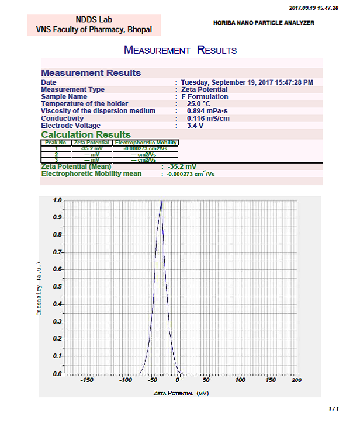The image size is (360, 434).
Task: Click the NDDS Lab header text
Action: [94, 19]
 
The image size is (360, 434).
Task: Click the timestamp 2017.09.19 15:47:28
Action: [314, 8]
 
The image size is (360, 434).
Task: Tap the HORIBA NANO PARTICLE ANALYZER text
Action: [264, 23]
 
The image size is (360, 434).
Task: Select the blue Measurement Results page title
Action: [180, 50]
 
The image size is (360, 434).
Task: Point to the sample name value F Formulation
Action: [204, 97]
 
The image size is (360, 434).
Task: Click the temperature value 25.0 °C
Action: [198, 104]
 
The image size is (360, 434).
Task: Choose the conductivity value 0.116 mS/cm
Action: [208, 118]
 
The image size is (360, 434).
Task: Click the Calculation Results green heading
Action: [86, 135]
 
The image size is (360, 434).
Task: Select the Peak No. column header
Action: [57, 143]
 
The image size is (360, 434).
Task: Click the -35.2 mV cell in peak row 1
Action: [92, 148]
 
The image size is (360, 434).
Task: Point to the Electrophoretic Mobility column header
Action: [146, 143]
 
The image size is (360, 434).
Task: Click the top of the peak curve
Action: [161, 202]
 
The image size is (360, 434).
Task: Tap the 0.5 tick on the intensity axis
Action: [57, 287]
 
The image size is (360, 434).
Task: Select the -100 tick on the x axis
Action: [125, 380]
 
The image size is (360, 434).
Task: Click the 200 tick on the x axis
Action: [296, 380]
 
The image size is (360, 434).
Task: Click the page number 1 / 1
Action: [333, 409]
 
